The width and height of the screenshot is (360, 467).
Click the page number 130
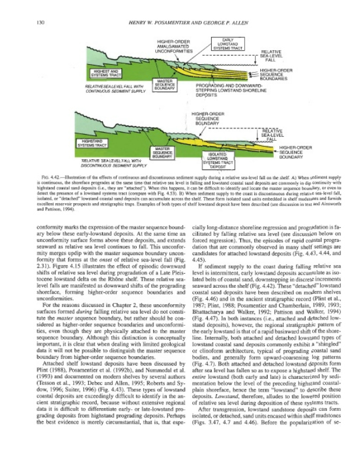40,22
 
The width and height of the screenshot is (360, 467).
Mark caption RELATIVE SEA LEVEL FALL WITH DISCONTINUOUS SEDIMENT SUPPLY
103,162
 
